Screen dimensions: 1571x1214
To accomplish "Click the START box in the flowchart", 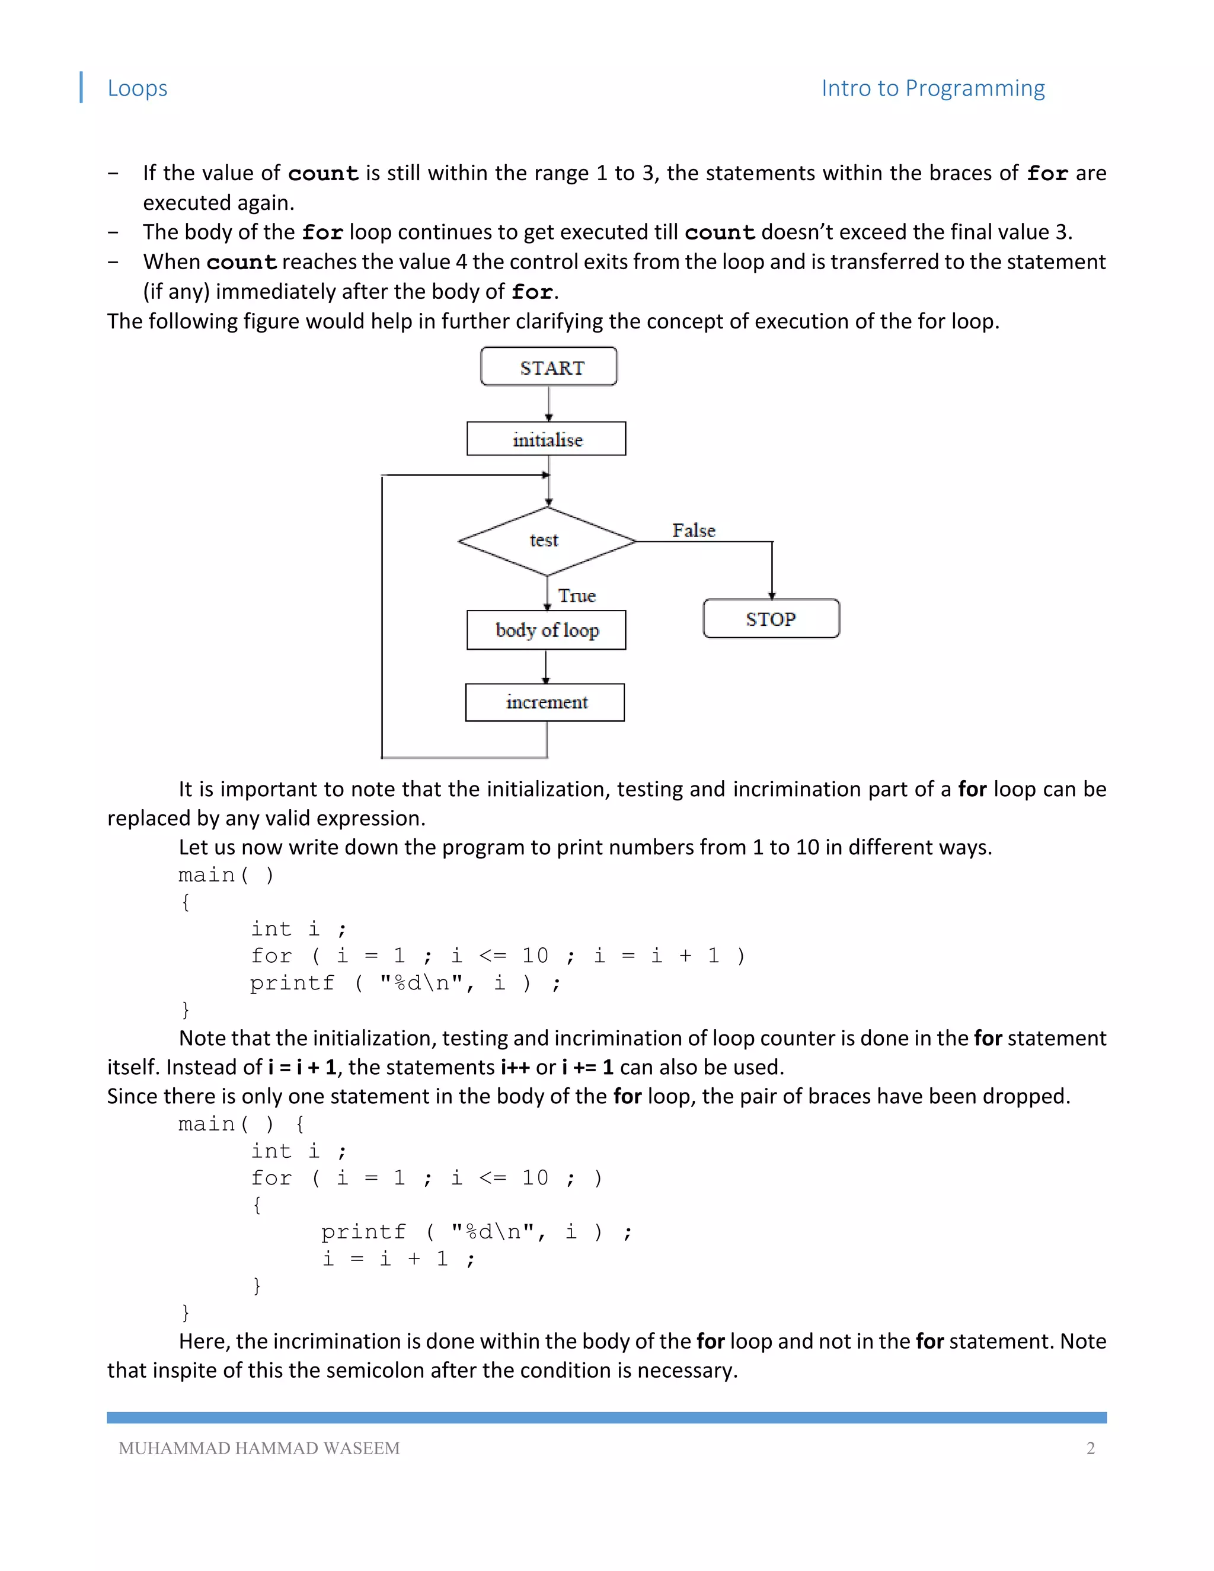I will pos(549,367).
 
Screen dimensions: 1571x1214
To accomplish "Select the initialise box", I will pos(547,439).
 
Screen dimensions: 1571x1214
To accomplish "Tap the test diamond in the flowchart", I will pos(546,541).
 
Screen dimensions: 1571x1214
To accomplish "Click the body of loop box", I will pos(547,630).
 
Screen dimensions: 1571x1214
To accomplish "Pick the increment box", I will pos(545,702).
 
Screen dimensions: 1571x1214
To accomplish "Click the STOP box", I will pos(771,618).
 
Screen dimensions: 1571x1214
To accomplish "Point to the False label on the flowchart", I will pos(694,530).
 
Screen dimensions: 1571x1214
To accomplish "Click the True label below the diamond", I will pos(577,596).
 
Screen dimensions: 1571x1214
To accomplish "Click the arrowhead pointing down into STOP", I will pos(772,595).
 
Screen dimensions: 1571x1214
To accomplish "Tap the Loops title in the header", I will pos(138,88).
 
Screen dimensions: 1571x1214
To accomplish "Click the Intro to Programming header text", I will pos(933,88).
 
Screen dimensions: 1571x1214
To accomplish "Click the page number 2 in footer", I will pos(1090,1448).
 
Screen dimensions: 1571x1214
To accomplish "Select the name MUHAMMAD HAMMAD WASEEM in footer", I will pos(259,1448).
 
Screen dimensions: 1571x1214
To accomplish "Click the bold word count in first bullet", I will pos(324,173).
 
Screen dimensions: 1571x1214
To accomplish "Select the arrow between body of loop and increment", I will pos(546,667).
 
